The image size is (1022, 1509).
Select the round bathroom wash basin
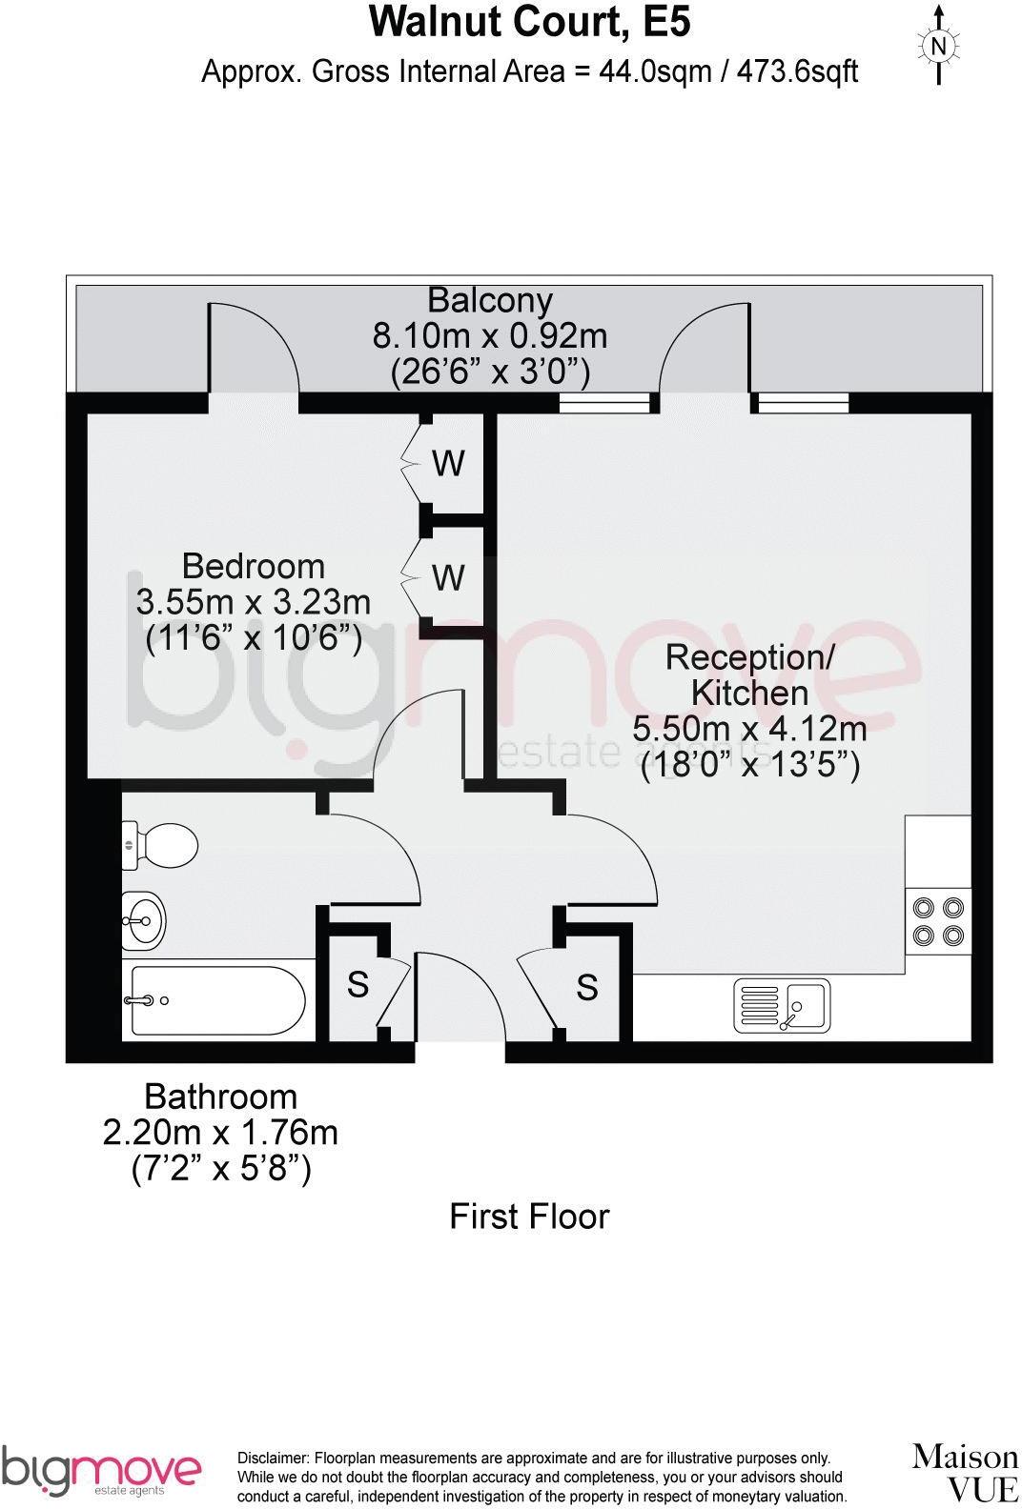(x=143, y=919)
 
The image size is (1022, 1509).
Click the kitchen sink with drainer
(x=781, y=1006)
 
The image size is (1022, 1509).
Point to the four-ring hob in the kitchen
(x=938, y=921)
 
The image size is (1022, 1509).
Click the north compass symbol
(x=938, y=45)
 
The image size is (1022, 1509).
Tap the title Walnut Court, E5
(x=529, y=22)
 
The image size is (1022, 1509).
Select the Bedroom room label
(x=253, y=566)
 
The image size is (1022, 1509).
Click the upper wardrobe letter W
(x=448, y=464)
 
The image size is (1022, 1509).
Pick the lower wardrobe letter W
(x=448, y=577)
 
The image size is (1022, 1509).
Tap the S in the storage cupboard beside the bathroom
(x=358, y=984)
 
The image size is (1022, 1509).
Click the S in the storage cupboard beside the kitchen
(x=587, y=988)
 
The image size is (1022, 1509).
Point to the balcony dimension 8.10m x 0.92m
(x=489, y=335)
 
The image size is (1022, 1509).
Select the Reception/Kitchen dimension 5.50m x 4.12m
(x=749, y=729)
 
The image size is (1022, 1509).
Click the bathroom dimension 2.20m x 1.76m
(x=220, y=1133)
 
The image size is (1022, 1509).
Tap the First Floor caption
(x=529, y=1217)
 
